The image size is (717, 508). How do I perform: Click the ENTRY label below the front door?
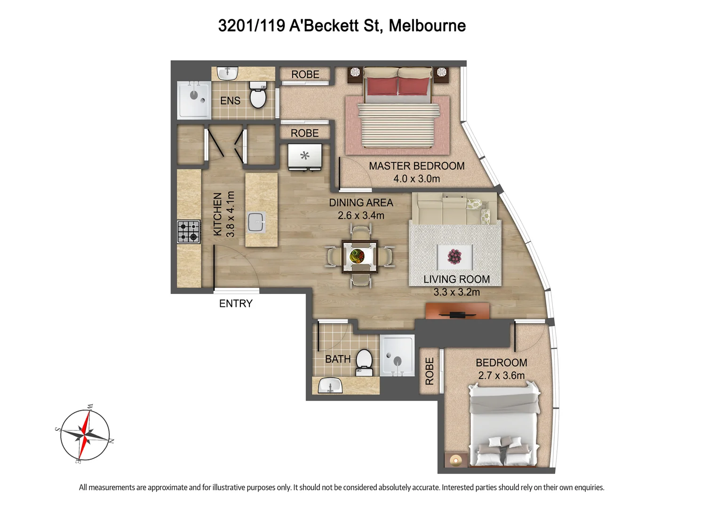236,303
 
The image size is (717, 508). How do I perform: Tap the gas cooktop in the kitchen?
189,231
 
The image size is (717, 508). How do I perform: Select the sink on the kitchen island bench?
256,222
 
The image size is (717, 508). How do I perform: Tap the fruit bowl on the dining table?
357,256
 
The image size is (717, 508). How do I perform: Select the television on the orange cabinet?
457,315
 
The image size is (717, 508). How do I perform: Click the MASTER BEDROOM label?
417,166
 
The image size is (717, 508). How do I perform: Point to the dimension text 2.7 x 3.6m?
501,375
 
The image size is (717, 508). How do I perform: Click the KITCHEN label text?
218,214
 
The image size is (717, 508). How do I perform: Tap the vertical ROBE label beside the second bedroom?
430,371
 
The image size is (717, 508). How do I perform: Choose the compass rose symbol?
85,435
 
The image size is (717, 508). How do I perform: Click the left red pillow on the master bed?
382,86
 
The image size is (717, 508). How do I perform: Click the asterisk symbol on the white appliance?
305,156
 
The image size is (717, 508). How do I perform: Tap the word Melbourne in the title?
427,25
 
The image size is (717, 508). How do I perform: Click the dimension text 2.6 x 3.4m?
361,215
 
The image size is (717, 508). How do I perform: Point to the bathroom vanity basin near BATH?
330,385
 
